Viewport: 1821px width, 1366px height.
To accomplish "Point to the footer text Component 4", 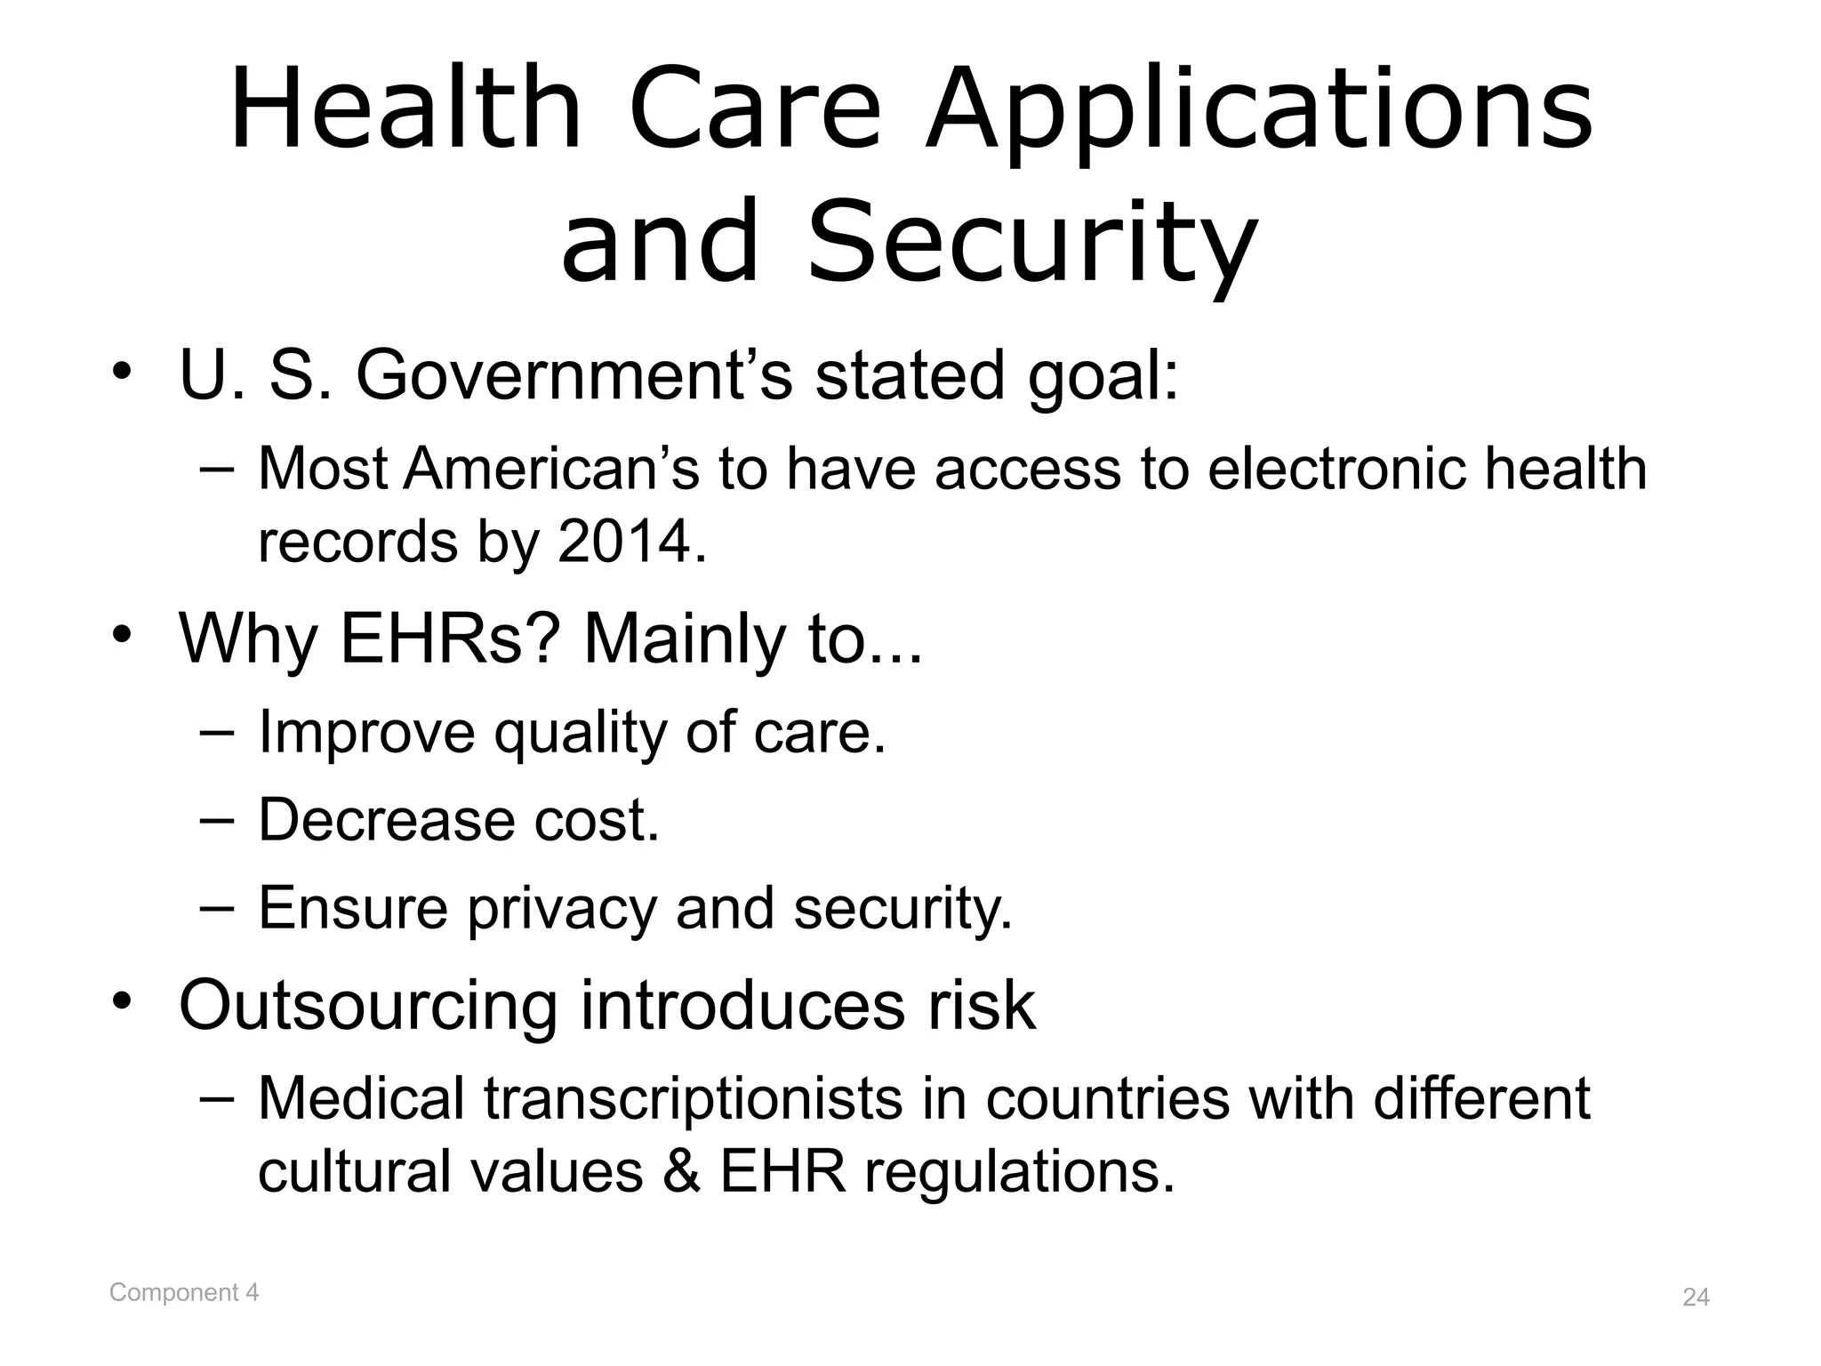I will [184, 1292].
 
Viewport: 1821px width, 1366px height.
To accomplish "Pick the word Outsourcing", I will [367, 1007].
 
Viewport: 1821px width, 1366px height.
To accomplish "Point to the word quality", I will [580, 733].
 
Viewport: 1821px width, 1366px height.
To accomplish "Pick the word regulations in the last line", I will [1019, 1172].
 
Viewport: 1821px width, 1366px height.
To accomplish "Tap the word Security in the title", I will [1031, 240].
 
